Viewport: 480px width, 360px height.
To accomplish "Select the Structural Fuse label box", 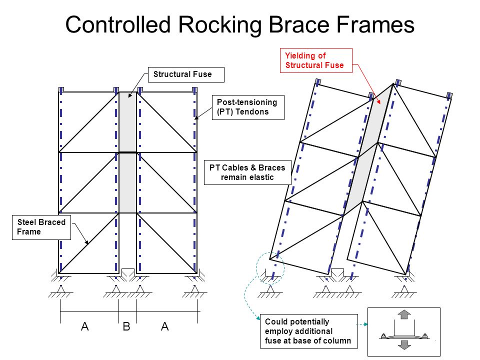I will [186, 75].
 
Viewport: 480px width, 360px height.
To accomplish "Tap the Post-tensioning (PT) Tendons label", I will [248, 107].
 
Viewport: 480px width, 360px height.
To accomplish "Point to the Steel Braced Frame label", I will [42, 227].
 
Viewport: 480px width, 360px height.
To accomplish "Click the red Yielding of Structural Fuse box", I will [316, 60].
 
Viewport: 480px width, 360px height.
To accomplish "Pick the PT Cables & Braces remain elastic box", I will [247, 172].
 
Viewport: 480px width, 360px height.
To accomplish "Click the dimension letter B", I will [126, 327].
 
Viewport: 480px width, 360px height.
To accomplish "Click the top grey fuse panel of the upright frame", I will [127, 121].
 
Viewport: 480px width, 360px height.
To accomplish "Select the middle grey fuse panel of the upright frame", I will [127, 182].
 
